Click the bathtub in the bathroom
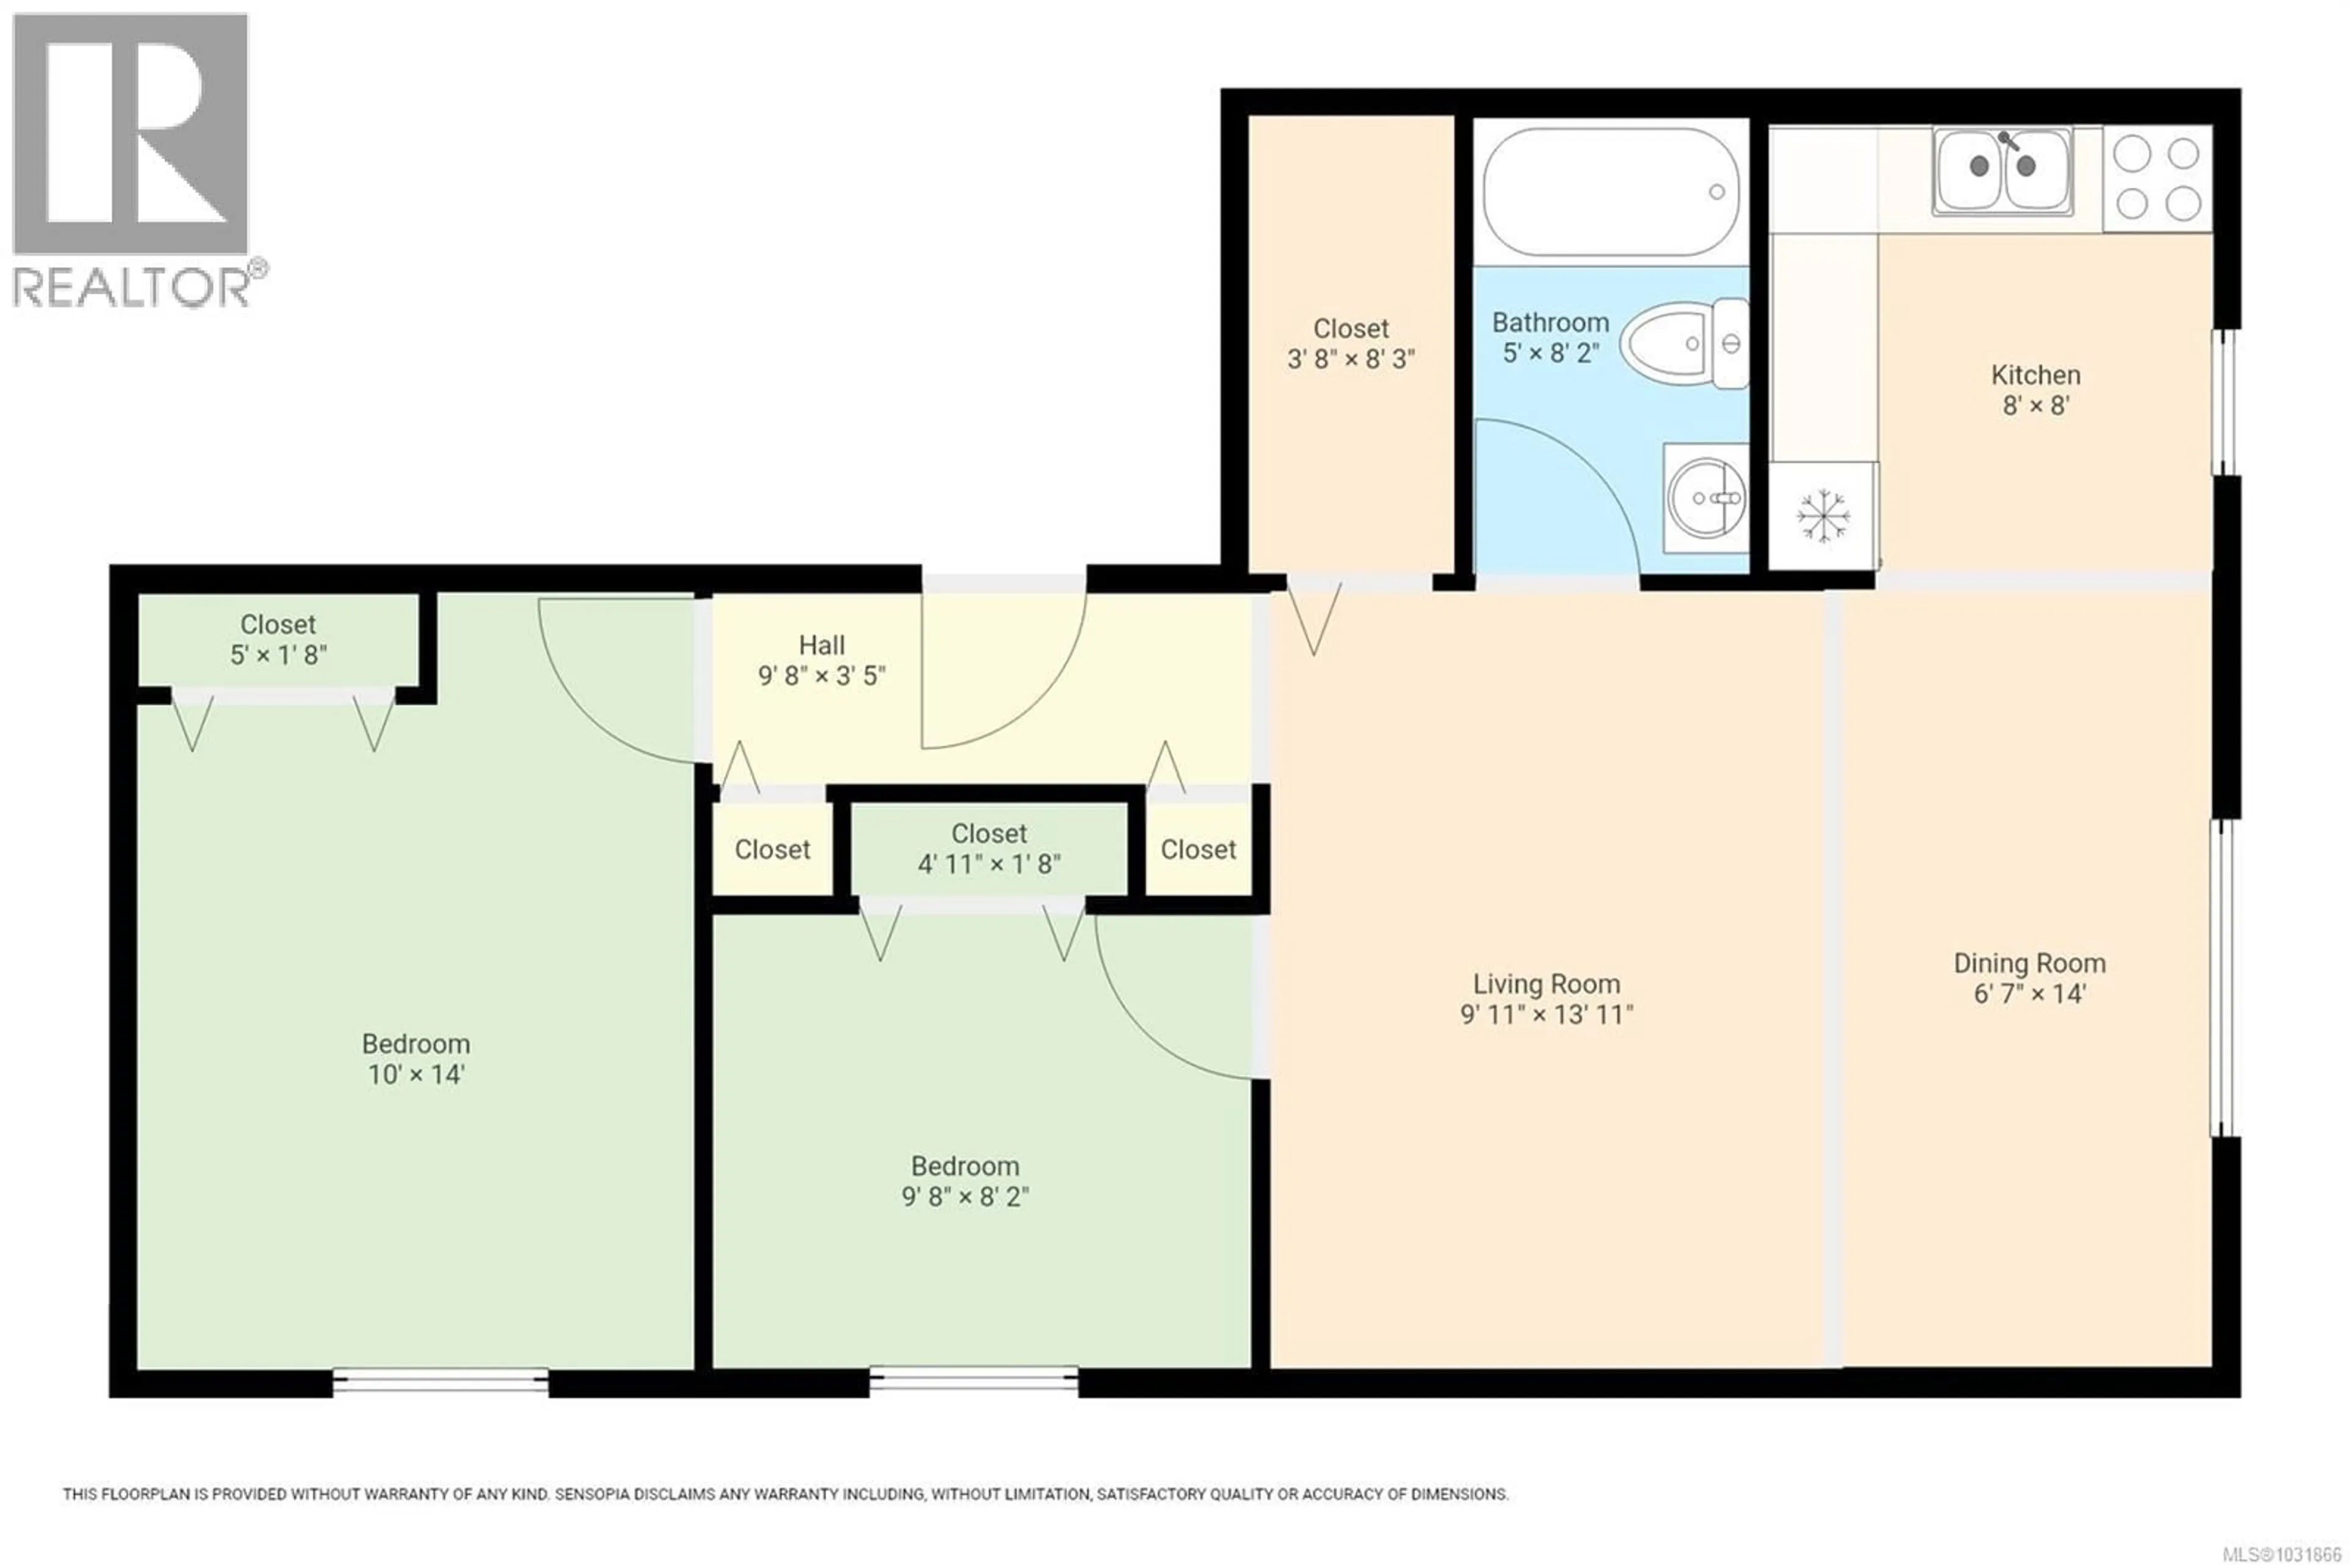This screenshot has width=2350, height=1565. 1610,191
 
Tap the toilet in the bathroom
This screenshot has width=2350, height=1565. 1683,343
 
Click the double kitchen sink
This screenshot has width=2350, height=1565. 2002,169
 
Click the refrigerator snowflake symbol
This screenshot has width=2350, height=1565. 1823,516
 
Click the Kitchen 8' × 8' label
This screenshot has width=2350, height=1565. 2035,389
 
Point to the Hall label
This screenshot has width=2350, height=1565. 822,645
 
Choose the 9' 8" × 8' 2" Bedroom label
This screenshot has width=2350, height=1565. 964,1181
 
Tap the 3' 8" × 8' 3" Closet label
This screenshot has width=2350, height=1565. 1351,343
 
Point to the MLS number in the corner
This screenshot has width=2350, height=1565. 2280,1554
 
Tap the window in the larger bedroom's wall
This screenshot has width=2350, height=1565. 439,1381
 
